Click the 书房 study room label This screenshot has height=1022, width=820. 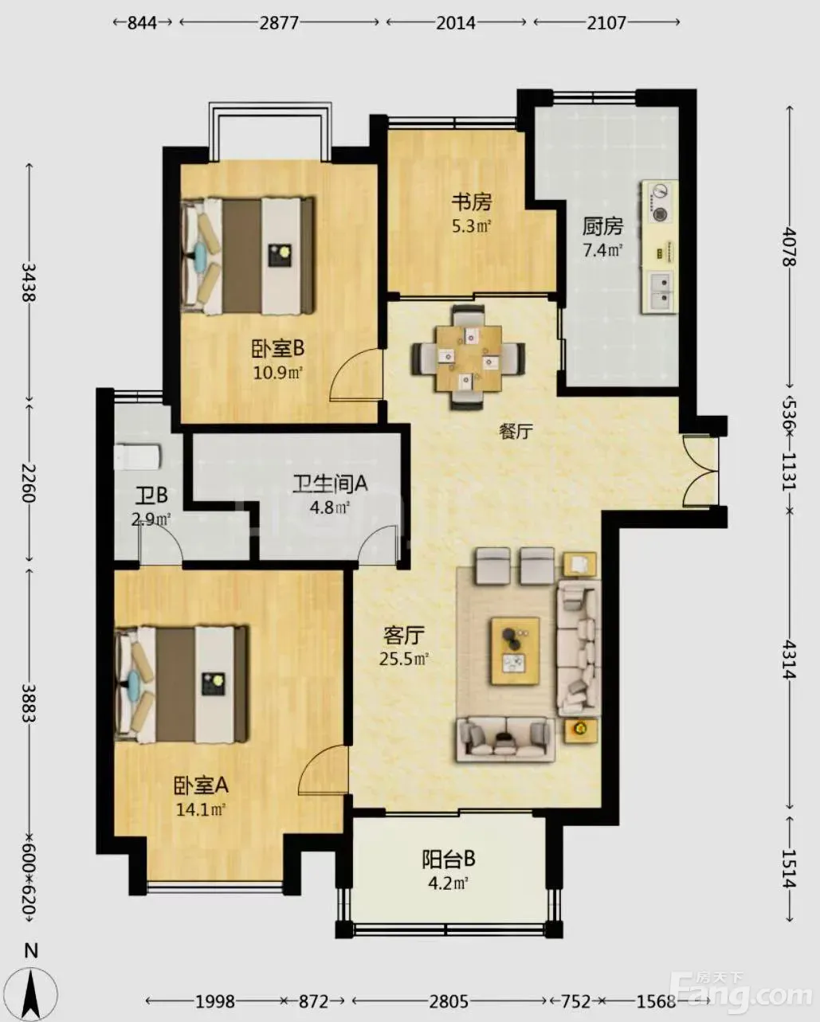coord(471,202)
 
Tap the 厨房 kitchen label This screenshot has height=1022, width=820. coord(602,226)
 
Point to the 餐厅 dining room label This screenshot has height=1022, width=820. coord(516,431)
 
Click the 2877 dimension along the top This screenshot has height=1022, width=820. coord(279,22)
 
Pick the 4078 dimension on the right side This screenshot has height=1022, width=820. coord(790,246)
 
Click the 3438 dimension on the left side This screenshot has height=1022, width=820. coord(29,283)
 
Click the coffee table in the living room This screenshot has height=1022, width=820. coord(515,651)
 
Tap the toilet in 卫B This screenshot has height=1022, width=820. coord(138,456)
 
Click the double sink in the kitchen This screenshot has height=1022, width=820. coord(661,291)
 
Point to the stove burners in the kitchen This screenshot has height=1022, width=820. coord(660,203)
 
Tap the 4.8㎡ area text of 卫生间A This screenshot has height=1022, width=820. coord(330,507)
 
